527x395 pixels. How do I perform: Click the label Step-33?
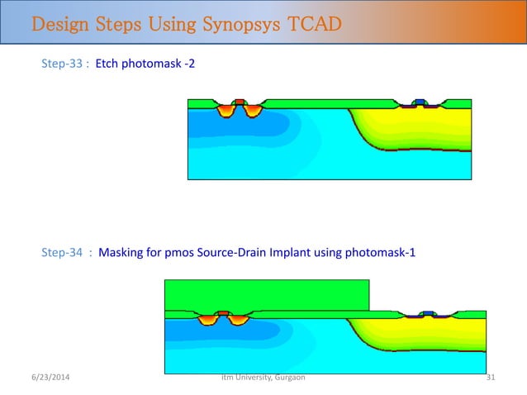pyautogui.click(x=63, y=63)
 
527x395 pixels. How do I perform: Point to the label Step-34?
pyautogui.click(x=63, y=254)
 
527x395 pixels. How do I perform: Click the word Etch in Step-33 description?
pyautogui.click(x=109, y=63)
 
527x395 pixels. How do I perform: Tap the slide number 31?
pyautogui.click(x=491, y=378)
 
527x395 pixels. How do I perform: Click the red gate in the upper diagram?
pyautogui.click(x=240, y=102)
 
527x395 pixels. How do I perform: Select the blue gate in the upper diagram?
pyautogui.click(x=420, y=102)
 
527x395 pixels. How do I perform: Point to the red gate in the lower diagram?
pyautogui.click(x=222, y=313)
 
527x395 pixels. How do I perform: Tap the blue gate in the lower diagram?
pyautogui.click(x=428, y=313)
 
